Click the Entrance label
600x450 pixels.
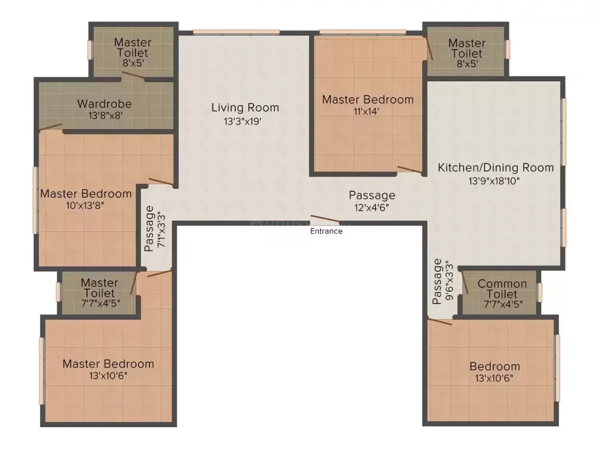point(326,231)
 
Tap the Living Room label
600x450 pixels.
point(245,108)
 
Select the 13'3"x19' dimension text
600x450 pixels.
point(245,122)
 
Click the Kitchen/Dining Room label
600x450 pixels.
point(496,168)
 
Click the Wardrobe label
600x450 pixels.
point(104,103)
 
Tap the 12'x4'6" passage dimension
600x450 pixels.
point(371,207)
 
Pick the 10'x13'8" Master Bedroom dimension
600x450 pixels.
point(86,205)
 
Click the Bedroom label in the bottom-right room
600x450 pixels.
point(494,366)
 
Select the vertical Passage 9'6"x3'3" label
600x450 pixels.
point(444,281)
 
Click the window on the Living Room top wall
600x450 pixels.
point(236,32)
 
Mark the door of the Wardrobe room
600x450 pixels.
point(51,126)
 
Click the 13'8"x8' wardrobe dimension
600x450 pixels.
point(104,116)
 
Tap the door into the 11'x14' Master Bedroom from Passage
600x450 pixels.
point(410,170)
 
